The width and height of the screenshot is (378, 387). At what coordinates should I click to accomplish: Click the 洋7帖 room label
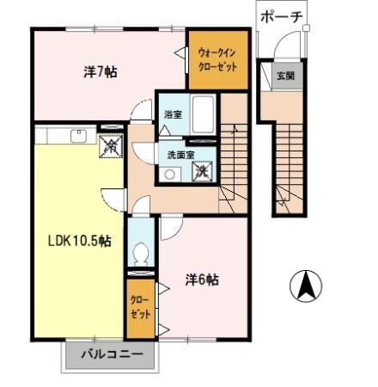[101, 72]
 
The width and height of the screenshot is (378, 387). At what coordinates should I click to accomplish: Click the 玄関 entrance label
[284, 76]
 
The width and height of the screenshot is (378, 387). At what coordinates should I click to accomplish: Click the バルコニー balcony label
[111, 353]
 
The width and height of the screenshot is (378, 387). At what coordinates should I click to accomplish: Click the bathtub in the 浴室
[204, 113]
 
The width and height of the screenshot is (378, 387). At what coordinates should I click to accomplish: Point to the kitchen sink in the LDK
[78, 136]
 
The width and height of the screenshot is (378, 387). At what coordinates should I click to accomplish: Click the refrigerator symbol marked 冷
[110, 146]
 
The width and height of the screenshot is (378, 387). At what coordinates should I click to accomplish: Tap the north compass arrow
[306, 286]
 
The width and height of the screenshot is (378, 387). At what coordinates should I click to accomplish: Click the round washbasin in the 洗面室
[168, 173]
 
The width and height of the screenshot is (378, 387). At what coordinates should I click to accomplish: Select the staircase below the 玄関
[287, 163]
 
